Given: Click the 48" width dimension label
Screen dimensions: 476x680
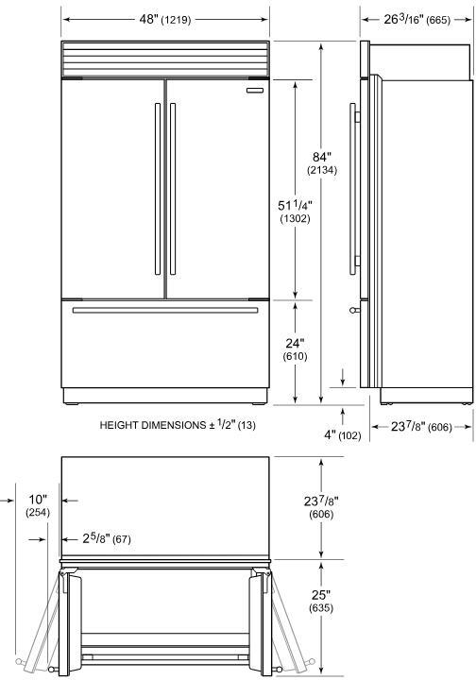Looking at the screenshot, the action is click(x=164, y=19).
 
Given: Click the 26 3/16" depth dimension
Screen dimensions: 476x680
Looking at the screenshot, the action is click(x=416, y=19).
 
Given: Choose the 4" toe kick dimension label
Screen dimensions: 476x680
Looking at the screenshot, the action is click(x=343, y=434).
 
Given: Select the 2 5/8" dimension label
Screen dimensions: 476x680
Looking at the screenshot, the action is click(x=107, y=538).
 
